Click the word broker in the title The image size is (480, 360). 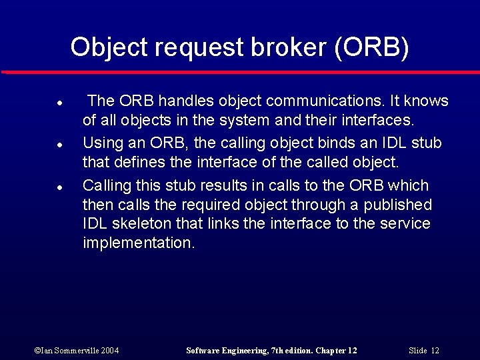tap(291, 47)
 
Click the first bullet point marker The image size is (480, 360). tap(59, 104)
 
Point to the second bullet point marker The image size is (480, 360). tap(59, 145)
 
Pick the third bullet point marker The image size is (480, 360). tap(59, 187)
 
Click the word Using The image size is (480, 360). tap(102, 143)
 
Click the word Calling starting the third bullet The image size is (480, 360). tap(107, 185)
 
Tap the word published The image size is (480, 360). tap(397, 205)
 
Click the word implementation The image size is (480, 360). tap(138, 243)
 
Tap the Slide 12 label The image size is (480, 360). tap(424, 351)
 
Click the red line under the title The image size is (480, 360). tap(240, 72)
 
